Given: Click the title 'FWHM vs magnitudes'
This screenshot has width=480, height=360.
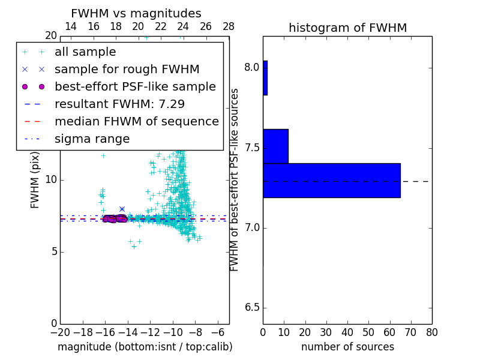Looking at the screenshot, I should [x=136, y=14].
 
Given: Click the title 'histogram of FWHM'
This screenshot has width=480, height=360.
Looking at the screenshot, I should [x=347, y=28].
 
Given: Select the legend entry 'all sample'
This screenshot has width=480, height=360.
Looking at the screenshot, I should [x=85, y=52].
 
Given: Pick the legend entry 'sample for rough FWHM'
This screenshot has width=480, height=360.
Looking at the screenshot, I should [x=127, y=70].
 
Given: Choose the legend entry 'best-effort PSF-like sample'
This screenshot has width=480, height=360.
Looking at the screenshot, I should [x=135, y=87].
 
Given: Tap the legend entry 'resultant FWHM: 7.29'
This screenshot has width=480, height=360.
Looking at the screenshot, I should [x=119, y=104].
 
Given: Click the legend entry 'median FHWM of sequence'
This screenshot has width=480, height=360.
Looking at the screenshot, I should [x=136, y=122].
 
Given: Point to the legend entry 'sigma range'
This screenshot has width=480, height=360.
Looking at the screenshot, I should [x=92, y=139].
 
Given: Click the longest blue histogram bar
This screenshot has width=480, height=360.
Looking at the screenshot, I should [x=331, y=180].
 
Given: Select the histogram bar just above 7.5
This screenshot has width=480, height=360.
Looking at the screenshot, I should [x=275, y=146].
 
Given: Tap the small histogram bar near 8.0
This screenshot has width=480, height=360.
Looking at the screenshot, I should [x=265, y=77].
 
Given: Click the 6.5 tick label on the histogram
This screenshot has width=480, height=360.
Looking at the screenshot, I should [x=252, y=308].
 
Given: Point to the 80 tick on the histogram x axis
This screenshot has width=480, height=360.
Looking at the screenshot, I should [x=431, y=332].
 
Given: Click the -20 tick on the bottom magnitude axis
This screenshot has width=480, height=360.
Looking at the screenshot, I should [x=60, y=332].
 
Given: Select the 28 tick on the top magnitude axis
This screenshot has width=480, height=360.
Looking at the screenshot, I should [x=229, y=26].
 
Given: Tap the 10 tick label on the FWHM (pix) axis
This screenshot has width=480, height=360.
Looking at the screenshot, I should [x=50, y=180].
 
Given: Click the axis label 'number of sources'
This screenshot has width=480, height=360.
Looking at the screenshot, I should [x=347, y=347].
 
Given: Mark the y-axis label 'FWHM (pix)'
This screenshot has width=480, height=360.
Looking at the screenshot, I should [x=35, y=180].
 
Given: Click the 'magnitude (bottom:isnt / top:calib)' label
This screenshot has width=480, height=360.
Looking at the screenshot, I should [x=145, y=347].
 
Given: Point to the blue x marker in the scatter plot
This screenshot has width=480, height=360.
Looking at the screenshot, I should [x=122, y=209].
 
